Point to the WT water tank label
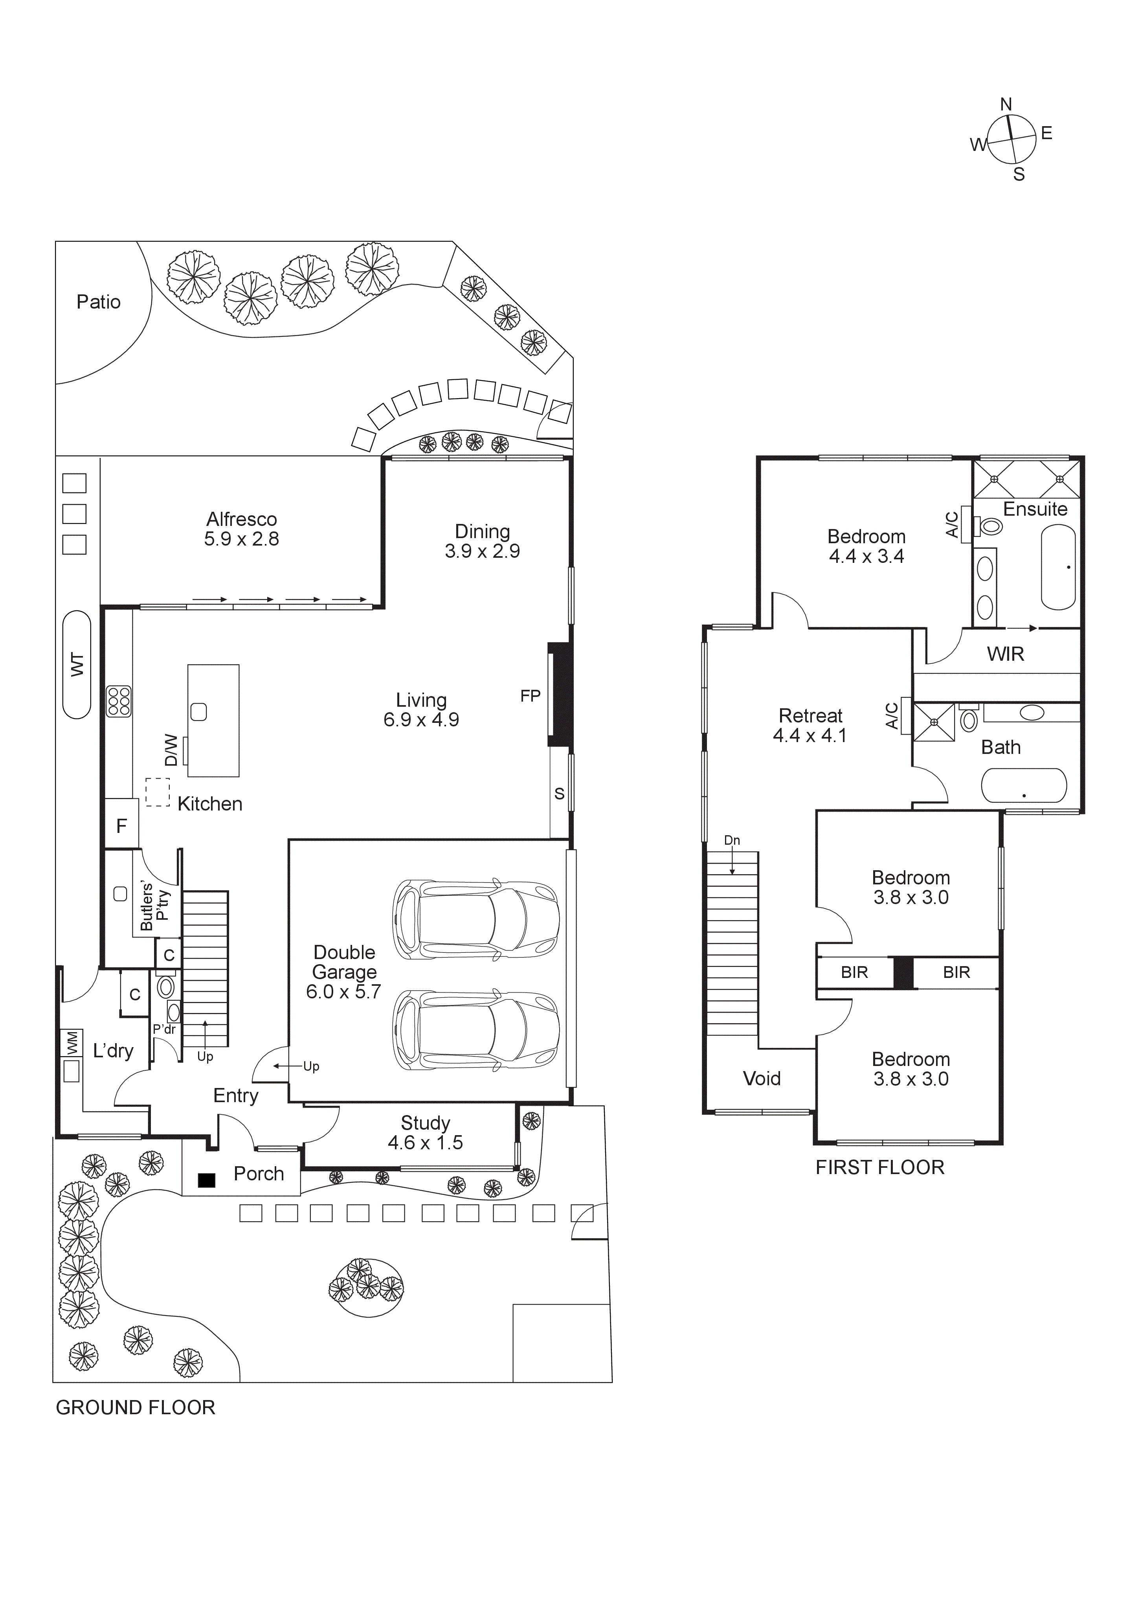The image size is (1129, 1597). tap(77, 665)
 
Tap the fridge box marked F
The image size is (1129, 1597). tap(122, 826)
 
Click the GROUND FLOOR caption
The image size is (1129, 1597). tap(136, 1408)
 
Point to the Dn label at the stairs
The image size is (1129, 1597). tap(732, 840)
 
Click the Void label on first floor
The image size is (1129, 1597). tap(762, 1079)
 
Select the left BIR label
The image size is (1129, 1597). tap(854, 972)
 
